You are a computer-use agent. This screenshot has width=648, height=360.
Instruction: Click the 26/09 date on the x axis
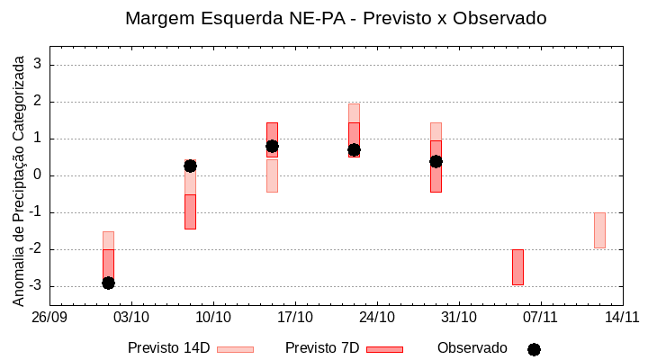[50, 317]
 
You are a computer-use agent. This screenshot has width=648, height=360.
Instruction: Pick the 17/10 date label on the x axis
[295, 317]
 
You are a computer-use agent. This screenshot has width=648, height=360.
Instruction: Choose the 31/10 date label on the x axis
[459, 317]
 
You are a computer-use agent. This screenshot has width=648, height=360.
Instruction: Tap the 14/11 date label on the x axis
[622, 317]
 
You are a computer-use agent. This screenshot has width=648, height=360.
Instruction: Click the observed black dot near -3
[108, 283]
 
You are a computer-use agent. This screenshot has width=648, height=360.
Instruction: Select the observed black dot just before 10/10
[190, 166]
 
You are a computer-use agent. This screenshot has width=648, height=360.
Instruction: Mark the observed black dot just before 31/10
[436, 161]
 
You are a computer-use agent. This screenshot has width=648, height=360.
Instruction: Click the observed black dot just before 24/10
[354, 149]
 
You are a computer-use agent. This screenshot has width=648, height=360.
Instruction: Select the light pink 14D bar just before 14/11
[599, 229]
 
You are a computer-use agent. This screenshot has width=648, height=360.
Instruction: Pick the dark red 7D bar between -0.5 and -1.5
[190, 211]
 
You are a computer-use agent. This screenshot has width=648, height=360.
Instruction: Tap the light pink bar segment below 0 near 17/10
[272, 175]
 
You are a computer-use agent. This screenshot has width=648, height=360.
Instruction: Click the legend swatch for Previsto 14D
[235, 348]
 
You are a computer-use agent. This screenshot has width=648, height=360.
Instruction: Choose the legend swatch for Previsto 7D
[384, 348]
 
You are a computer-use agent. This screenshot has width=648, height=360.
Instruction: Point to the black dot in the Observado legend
[534, 349]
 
